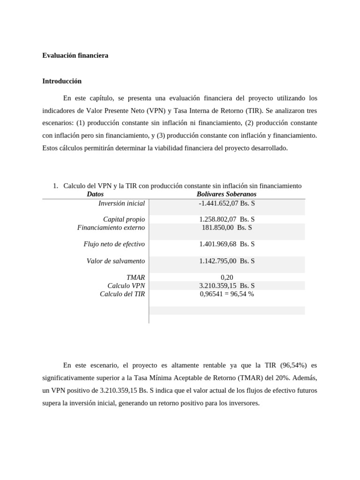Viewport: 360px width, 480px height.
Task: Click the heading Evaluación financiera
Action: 75,55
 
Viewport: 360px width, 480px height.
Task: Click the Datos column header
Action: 95,194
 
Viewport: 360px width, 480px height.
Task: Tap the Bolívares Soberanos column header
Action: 226,194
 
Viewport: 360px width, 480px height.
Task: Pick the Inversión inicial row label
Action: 121,203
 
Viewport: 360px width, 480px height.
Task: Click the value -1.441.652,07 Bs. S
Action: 226,203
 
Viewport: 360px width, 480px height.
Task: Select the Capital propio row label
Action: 124,219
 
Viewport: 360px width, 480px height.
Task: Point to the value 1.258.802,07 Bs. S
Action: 226,219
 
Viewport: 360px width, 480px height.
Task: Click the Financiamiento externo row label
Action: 111,228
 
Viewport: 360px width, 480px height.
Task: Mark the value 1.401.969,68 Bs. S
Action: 226,244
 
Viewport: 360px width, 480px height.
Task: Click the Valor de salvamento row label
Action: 116,261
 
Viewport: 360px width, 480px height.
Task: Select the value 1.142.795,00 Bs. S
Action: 226,261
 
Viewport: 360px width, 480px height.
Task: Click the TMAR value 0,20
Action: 226,277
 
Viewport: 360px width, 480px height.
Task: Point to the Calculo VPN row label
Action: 126,285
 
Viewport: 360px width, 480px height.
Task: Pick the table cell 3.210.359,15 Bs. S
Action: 226,285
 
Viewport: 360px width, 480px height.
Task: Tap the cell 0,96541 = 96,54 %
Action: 226,294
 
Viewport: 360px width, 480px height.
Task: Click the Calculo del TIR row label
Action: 122,294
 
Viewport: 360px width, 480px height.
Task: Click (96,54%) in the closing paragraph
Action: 294,365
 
